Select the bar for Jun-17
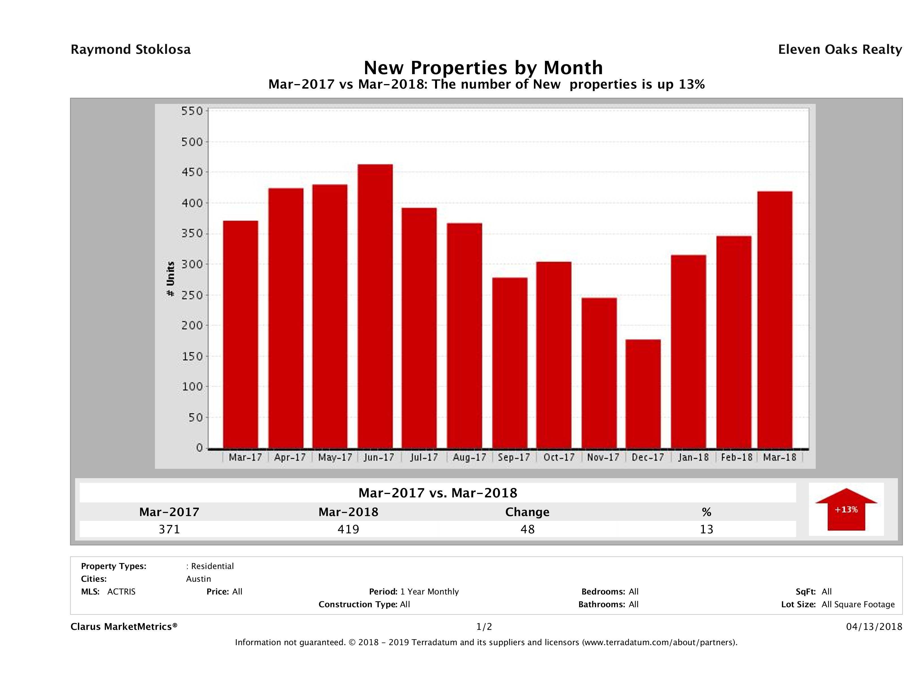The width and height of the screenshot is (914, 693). (375, 306)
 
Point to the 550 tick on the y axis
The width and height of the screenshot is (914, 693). (192, 111)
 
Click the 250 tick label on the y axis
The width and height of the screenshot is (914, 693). (192, 295)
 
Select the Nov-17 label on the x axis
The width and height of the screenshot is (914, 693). (603, 457)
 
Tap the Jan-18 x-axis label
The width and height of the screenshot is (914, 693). (693, 457)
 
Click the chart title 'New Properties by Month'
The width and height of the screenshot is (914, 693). (483, 67)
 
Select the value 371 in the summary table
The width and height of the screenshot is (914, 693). (169, 529)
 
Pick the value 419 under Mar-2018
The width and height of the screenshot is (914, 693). (348, 529)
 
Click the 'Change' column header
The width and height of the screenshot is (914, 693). (527, 512)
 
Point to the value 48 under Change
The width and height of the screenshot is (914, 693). (527, 529)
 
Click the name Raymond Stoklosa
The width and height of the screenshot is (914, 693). (131, 50)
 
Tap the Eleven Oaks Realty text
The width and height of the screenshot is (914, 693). (840, 50)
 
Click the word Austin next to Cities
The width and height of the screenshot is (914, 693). (198, 579)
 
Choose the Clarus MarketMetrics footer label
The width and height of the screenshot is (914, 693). (124, 626)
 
